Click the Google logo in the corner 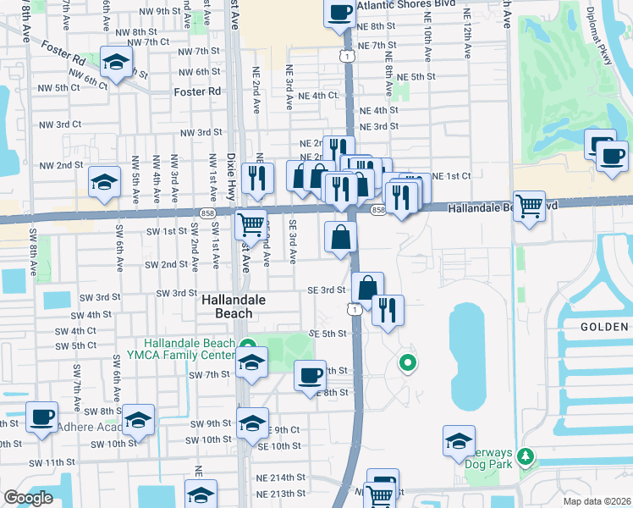pyautogui.click(x=28, y=498)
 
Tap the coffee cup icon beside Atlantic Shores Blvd pyautogui.click(x=339, y=14)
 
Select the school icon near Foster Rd pyautogui.click(x=116, y=61)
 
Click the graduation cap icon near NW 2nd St pyautogui.click(x=105, y=182)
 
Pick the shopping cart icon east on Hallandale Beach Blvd pyautogui.click(x=529, y=205)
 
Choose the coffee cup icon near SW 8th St pyautogui.click(x=42, y=417)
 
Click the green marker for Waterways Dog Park pyautogui.click(x=526, y=457)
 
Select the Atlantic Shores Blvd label pyautogui.click(x=410, y=5)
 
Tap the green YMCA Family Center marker pyautogui.click(x=248, y=345)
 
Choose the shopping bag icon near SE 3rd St pyautogui.click(x=368, y=287)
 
